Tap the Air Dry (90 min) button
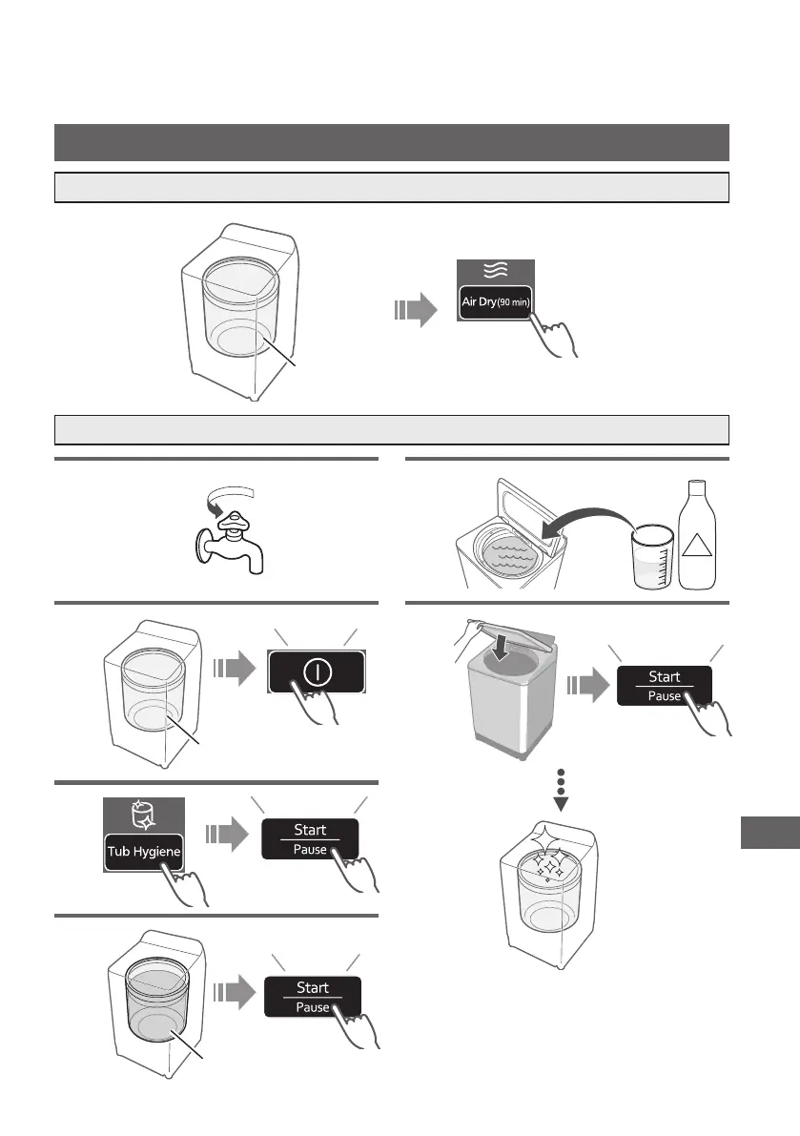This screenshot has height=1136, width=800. (x=495, y=301)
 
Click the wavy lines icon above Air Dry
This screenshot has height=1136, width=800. (x=495, y=271)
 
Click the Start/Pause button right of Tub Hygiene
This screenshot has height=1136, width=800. (x=311, y=839)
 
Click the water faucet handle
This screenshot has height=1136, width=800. (x=232, y=521)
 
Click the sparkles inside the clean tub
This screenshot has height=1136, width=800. (x=548, y=866)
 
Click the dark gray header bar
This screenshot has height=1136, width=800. (x=392, y=142)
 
